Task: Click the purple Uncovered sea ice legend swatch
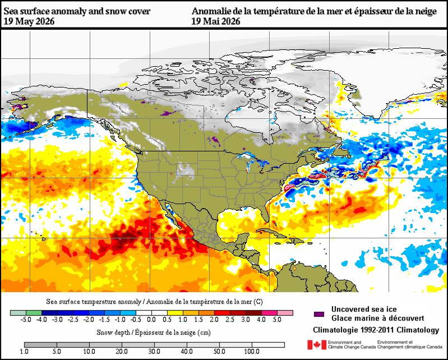pyautogui.click(x=319, y=314)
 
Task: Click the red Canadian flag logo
pyautogui.click(x=317, y=345)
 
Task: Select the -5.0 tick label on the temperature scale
pyautogui.click(x=26, y=320)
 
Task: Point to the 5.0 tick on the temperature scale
pyautogui.click(x=277, y=320)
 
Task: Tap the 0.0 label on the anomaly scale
pyautogui.click(x=151, y=320)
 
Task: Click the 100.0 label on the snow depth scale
pyautogui.click(x=252, y=352)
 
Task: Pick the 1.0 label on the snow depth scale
pyautogui.click(x=24, y=352)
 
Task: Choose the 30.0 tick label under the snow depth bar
pyautogui.click(x=154, y=352)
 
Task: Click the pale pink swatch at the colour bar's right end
pyautogui.click(x=285, y=313)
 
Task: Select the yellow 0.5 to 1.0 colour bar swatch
pyautogui.click(x=175, y=313)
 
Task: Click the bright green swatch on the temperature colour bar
pyautogui.click(x=34, y=313)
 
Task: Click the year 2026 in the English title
pyautogui.click(x=44, y=21)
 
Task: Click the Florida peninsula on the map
pyautogui.click(x=266, y=211)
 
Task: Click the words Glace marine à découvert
pyautogui.click(x=378, y=319)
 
